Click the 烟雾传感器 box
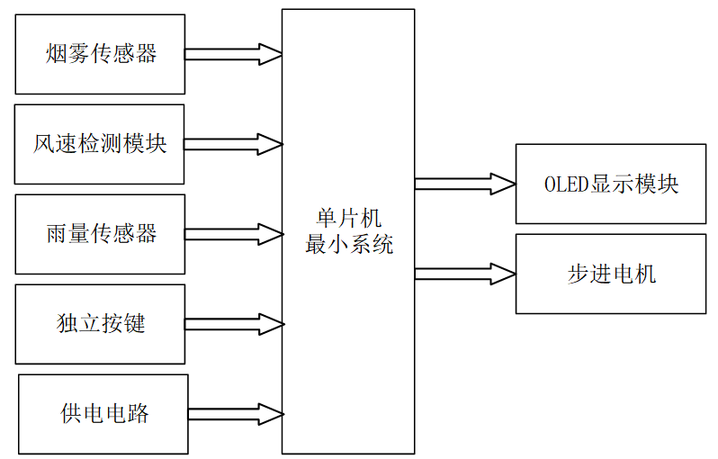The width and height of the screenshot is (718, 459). [x=100, y=54]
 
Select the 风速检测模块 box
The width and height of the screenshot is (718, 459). [x=100, y=144]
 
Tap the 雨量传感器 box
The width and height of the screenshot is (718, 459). [x=100, y=234]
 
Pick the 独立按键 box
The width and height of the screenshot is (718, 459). [x=100, y=324]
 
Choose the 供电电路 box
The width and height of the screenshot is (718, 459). [x=103, y=414]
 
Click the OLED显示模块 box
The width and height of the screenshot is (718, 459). [x=611, y=184]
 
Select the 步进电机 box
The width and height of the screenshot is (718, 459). [x=611, y=274]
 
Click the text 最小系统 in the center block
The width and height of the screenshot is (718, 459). [x=349, y=244]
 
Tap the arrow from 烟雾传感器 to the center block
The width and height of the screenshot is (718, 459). [x=232, y=54]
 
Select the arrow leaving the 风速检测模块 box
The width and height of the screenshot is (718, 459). [x=232, y=144]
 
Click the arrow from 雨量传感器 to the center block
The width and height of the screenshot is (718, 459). [x=232, y=234]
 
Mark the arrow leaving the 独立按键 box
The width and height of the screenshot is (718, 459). [x=232, y=324]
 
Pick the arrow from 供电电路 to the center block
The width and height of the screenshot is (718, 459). [x=235, y=414]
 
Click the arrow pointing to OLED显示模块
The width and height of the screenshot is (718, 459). [x=463, y=184]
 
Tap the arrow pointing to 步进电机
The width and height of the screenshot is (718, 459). [x=463, y=273]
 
